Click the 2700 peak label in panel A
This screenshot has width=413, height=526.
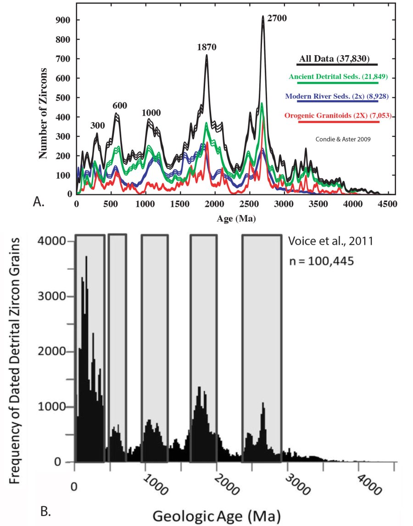277,20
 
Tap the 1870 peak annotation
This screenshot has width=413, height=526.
207,47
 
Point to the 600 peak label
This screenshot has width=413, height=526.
120,106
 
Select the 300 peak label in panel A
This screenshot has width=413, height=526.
98,125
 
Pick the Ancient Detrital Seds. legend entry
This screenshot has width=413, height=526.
338,77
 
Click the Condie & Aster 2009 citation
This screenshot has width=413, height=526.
342,138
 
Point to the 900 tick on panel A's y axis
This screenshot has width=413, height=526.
61,20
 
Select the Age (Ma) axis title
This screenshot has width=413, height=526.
236,220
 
